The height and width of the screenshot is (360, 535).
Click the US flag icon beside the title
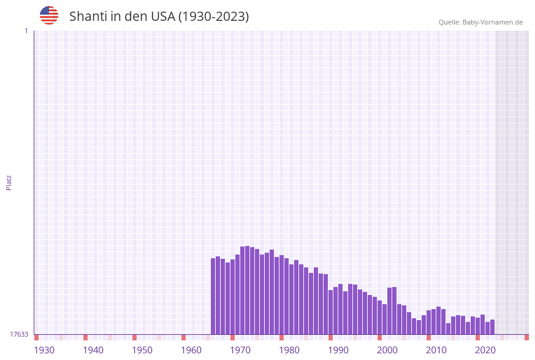point(49,15)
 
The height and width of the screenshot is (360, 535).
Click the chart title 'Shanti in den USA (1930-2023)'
point(159,17)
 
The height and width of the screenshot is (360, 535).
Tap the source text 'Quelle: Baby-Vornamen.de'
point(480,23)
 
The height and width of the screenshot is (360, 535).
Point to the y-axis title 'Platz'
point(9,182)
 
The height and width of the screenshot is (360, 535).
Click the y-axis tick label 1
point(26,31)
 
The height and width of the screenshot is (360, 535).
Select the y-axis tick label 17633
point(19,334)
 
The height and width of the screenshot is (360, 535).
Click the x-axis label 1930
point(44,350)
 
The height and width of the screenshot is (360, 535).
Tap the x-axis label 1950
point(142,350)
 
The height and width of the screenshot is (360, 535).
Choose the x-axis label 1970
point(240,350)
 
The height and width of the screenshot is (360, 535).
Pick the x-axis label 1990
point(338,350)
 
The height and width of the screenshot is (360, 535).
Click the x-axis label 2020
point(485,350)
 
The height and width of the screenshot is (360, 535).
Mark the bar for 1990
point(341,309)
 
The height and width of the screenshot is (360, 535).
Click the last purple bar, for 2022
point(493,327)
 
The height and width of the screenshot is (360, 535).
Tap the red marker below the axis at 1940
point(86,337)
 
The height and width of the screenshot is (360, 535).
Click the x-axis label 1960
point(191,350)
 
